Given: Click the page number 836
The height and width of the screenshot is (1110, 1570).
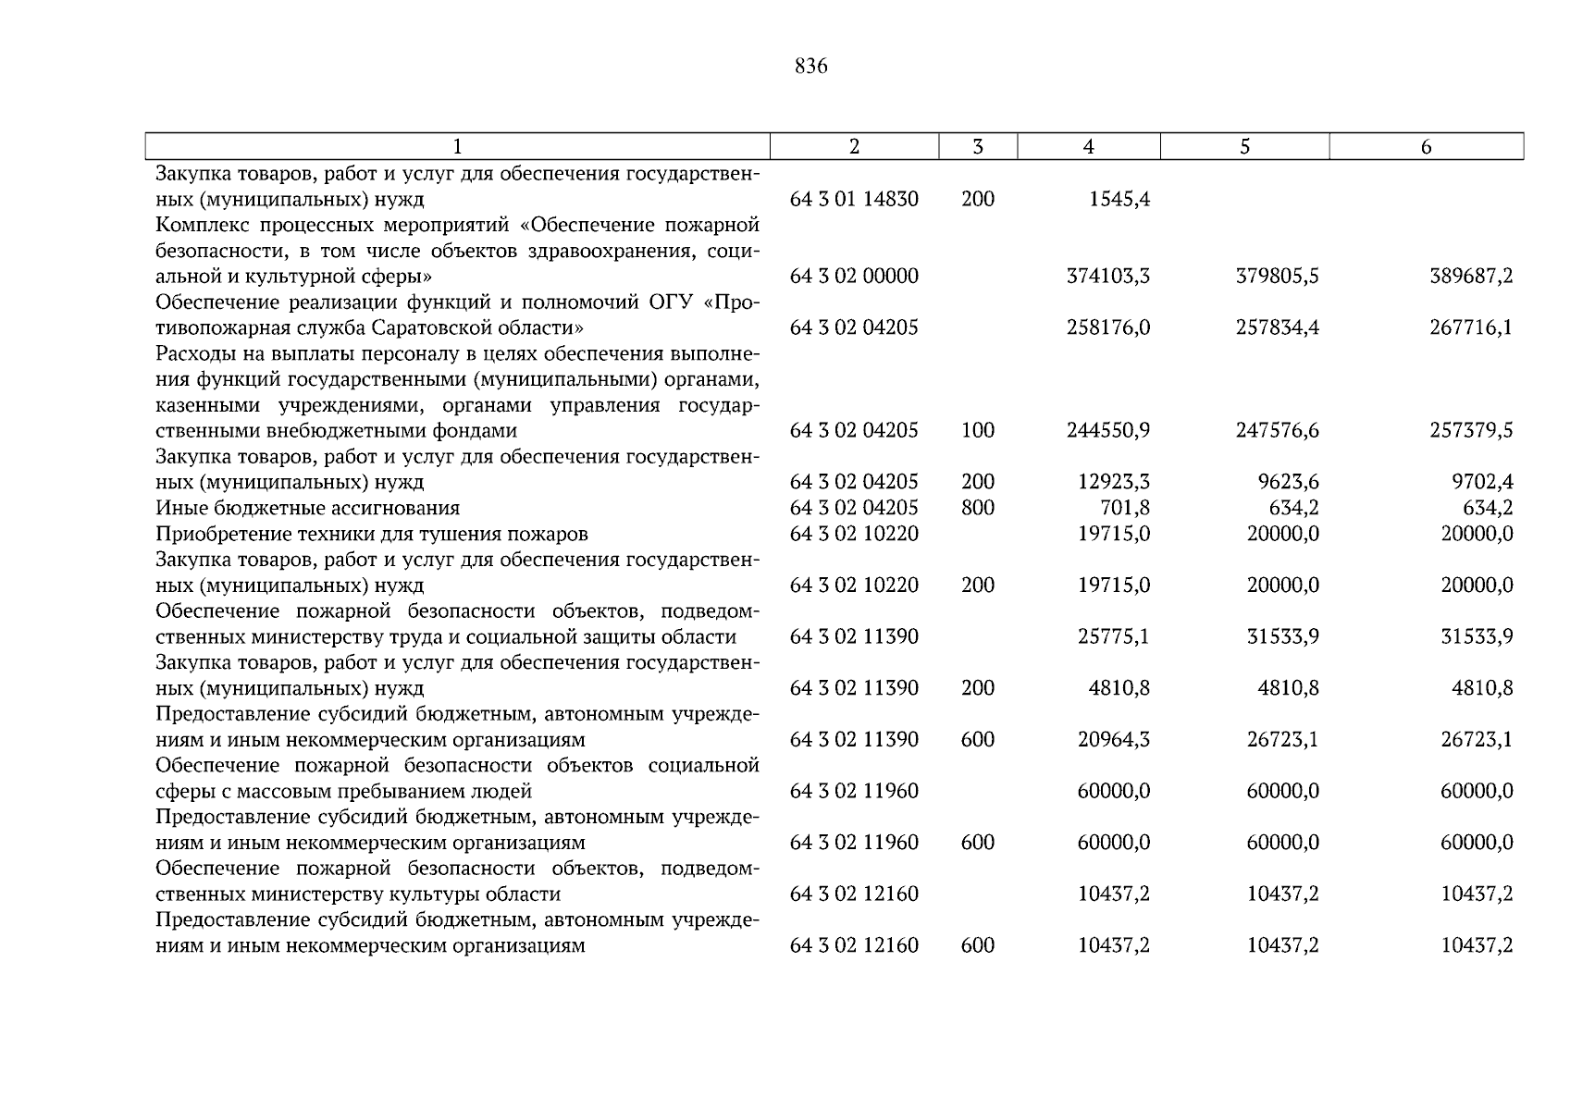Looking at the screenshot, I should coord(810,67).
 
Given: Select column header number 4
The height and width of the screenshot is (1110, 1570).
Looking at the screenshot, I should coord(1088,147).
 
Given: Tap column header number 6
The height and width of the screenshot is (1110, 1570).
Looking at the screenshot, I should coord(1426,147).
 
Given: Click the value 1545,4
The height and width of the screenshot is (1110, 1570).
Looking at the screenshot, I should coord(1119,199).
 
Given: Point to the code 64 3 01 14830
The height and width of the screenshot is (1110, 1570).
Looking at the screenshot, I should coord(854,199).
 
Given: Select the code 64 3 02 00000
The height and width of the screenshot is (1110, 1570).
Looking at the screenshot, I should coord(854,277).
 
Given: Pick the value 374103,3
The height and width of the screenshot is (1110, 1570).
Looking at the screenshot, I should coord(1108,277).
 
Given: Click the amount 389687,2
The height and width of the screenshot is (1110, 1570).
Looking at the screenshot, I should coord(1471,277).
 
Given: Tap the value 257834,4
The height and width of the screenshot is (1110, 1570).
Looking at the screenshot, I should coord(1278,327).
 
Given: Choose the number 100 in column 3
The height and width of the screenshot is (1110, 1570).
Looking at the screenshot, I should coord(978,431).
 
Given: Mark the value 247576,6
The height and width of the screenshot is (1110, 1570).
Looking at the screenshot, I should coord(1278,431).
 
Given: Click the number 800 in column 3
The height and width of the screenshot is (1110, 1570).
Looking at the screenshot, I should coord(978,508).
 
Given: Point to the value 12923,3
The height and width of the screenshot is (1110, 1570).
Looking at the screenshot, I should coord(1114,482).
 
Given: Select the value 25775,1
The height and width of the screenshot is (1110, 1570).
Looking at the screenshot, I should coord(1114,637).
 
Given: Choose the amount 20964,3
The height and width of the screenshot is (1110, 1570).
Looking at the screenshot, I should coord(1114,740).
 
